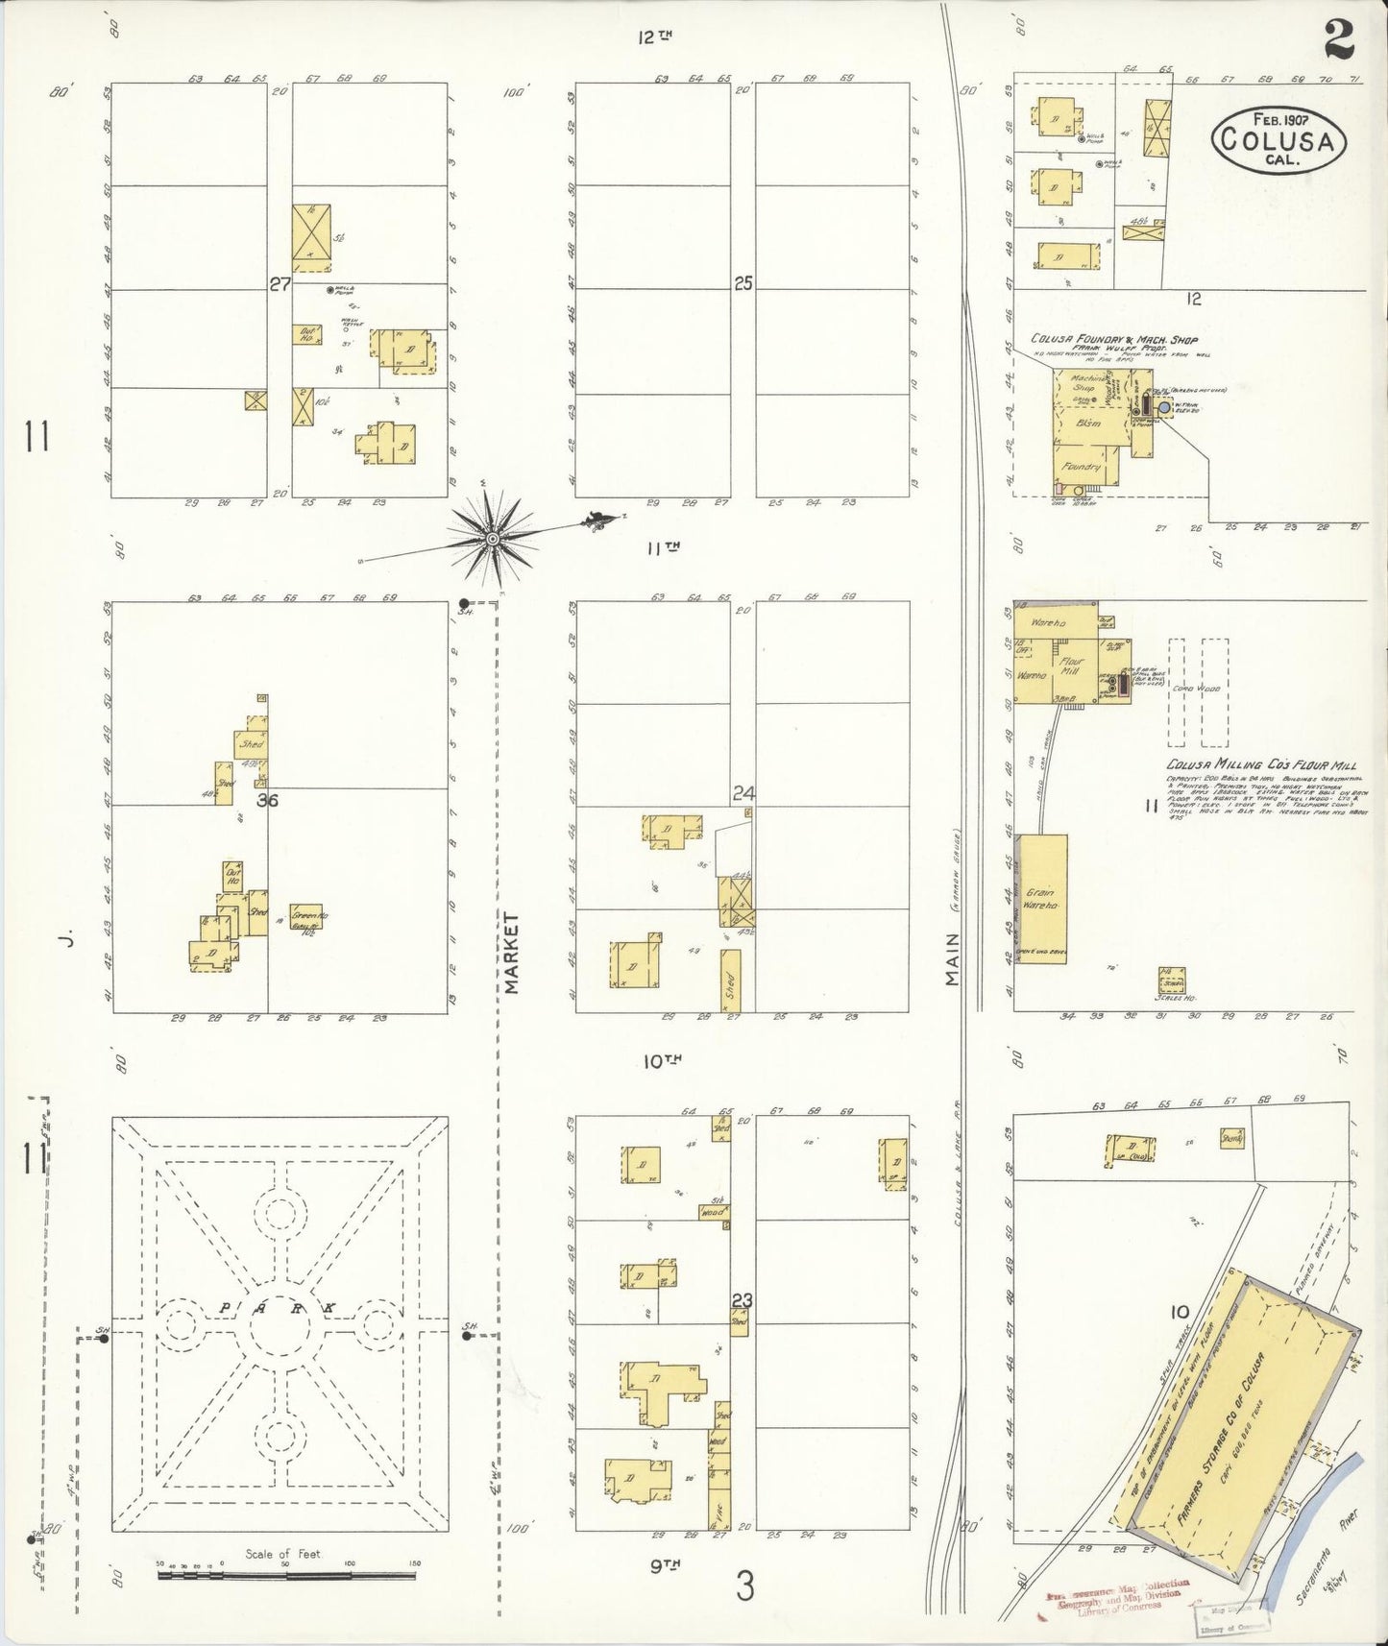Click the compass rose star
click(x=492, y=538)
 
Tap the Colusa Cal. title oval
click(x=1278, y=140)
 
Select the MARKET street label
click(x=511, y=953)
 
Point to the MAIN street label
click(x=952, y=958)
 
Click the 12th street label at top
click(x=654, y=36)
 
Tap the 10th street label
click(x=662, y=1061)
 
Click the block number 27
click(x=280, y=284)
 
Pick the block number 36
click(x=267, y=799)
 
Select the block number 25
click(x=743, y=283)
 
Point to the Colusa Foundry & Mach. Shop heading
click(x=1113, y=339)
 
